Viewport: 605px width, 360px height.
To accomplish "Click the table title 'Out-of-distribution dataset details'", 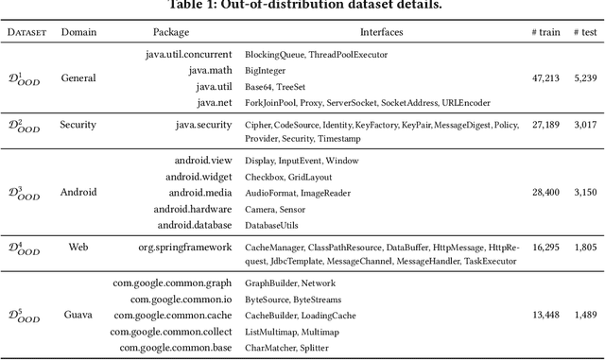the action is pyautogui.click(x=302, y=7).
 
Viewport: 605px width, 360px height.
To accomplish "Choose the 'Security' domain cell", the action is pyautogui.click(x=78, y=124).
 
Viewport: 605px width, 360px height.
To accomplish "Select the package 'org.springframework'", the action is pyautogui.click(x=183, y=248).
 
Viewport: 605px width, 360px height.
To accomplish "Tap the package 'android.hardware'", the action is pyautogui.click(x=189, y=208).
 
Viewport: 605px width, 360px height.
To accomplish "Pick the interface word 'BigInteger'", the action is pyautogui.click(x=266, y=71).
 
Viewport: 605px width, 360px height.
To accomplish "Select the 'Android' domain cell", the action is pyautogui.click(x=78, y=193).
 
